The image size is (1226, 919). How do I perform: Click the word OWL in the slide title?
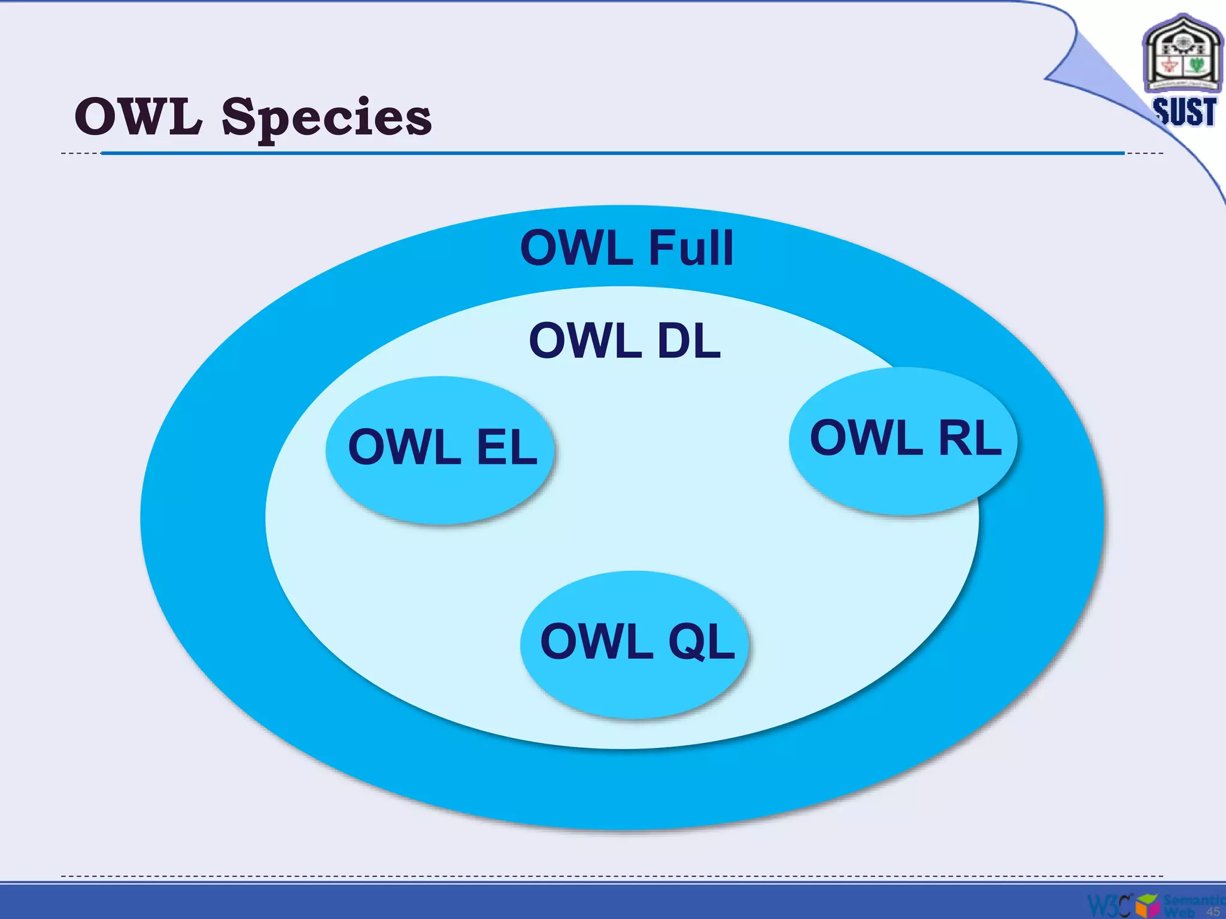(138, 117)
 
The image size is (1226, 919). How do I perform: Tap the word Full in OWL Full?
(691, 248)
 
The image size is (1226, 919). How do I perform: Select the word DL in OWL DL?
(689, 341)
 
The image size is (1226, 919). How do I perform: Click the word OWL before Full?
(576, 248)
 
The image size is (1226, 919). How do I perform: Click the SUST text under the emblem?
(1185, 112)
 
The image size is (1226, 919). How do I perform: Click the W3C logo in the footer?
(1109, 905)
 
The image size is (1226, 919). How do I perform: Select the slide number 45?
(1213, 911)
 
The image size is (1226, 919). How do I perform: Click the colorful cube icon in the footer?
(1147, 905)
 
